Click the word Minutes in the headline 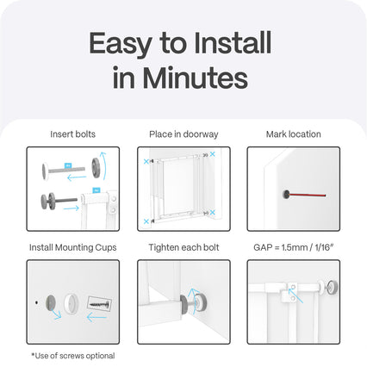click(x=196, y=78)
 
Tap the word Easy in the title click(x=121, y=45)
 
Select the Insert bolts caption click(x=72, y=134)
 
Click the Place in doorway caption click(x=183, y=134)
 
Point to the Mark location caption click(x=294, y=134)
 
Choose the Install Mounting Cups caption click(x=73, y=247)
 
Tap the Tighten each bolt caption click(x=183, y=247)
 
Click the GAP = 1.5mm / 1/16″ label click(x=294, y=247)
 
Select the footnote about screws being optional click(x=73, y=356)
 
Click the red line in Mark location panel click(x=308, y=195)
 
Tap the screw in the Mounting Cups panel click(x=99, y=303)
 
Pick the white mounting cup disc click(x=71, y=304)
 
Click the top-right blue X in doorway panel click(x=212, y=154)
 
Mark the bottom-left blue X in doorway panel click(x=146, y=221)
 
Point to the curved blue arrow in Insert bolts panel click(x=104, y=166)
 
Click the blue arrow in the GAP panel click(x=295, y=295)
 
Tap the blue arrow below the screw click(x=96, y=318)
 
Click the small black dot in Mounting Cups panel click(x=36, y=302)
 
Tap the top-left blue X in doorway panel click(x=146, y=161)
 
